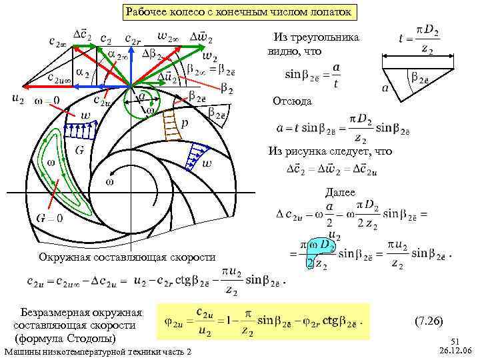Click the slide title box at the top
(x=240, y=13)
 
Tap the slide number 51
(x=455, y=340)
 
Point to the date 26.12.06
(x=455, y=351)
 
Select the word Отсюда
(x=291, y=101)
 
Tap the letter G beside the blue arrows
(x=79, y=150)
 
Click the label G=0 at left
(x=49, y=218)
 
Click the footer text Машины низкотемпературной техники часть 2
(x=97, y=352)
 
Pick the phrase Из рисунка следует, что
(x=330, y=151)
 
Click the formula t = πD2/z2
(x=423, y=39)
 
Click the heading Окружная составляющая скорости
(x=127, y=257)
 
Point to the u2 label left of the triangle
(x=18, y=99)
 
